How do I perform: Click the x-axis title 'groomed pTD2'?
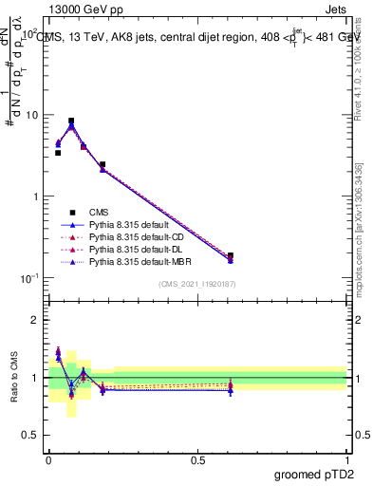tap(315, 474)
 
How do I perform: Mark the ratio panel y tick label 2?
tap(35, 320)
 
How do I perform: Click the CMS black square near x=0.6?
tap(231, 255)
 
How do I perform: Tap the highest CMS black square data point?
tap(71, 121)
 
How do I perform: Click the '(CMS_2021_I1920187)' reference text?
tap(196, 284)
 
